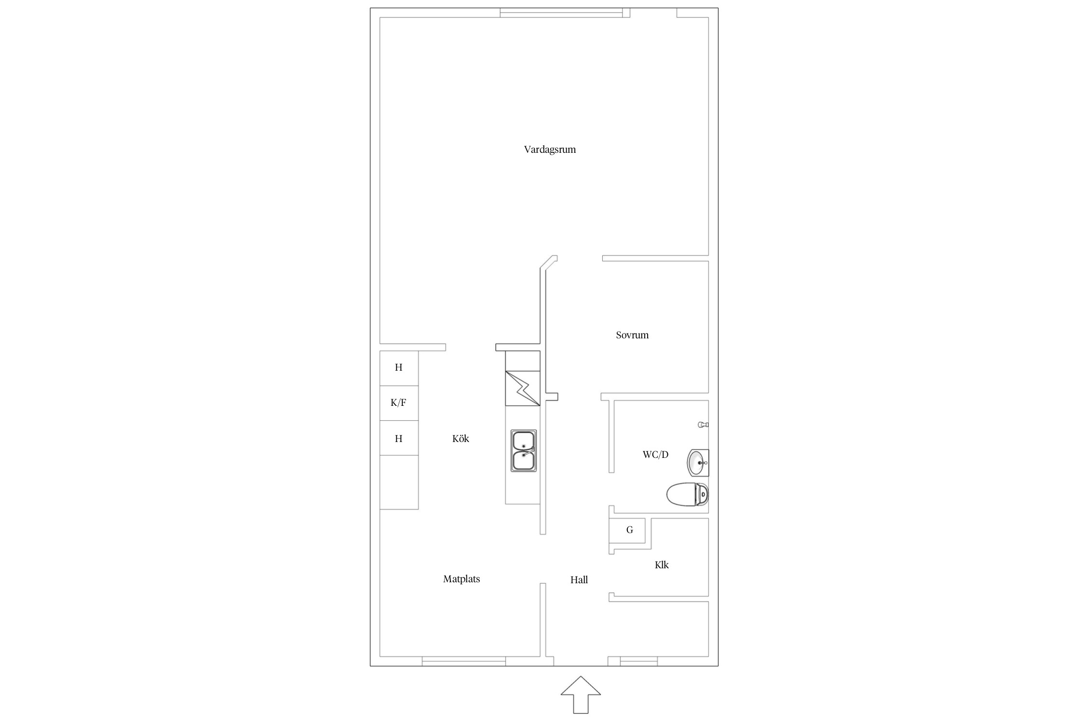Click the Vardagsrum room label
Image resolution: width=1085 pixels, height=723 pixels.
[550, 149]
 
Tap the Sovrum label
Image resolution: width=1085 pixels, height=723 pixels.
[632, 335]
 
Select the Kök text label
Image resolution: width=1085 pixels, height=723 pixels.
[461, 439]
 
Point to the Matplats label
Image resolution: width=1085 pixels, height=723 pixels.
[461, 579]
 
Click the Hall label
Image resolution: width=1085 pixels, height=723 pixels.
[579, 580]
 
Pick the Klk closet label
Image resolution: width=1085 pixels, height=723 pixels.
[662, 565]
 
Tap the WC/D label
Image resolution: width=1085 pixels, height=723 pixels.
[655, 455]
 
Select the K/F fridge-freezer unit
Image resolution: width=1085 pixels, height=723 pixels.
[399, 403]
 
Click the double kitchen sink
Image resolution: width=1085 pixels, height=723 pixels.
[524, 451]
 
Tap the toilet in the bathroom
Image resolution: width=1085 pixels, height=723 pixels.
[688, 495]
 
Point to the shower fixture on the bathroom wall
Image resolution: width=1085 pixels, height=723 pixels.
[703, 425]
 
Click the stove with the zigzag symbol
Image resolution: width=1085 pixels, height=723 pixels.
[523, 388]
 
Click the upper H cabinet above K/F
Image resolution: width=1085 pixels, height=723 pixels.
[399, 368]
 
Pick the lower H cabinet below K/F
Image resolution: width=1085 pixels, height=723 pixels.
[399, 438]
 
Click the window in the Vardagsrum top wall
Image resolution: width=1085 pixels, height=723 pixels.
[561, 13]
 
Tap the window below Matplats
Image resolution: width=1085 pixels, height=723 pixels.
[464, 661]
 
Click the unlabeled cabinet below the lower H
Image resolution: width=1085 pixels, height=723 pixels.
[399, 482]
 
